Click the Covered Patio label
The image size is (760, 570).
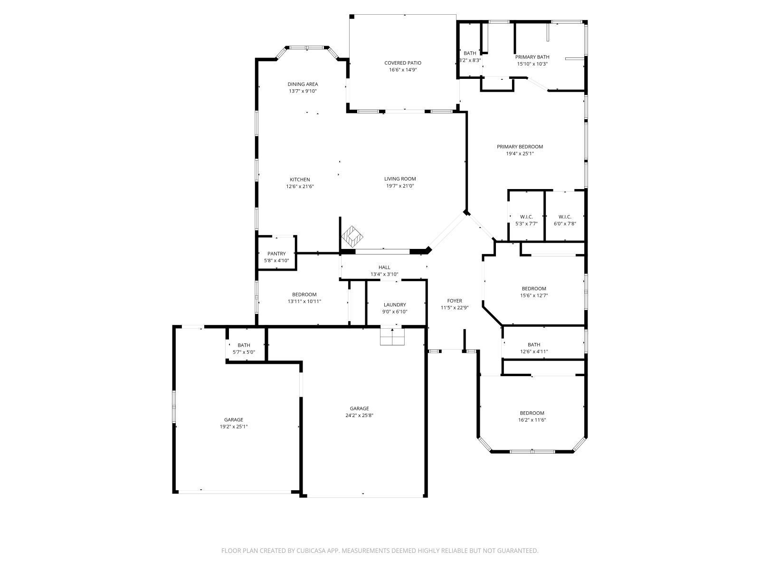402,63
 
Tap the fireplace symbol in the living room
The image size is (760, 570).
352,236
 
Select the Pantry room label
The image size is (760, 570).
276,254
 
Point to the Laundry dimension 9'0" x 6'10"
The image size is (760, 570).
395,312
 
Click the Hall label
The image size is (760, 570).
384,267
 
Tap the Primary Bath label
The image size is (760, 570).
532,57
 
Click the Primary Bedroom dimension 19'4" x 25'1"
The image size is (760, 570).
520,153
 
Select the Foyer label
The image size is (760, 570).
455,301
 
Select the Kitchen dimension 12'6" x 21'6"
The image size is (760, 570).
300,186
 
